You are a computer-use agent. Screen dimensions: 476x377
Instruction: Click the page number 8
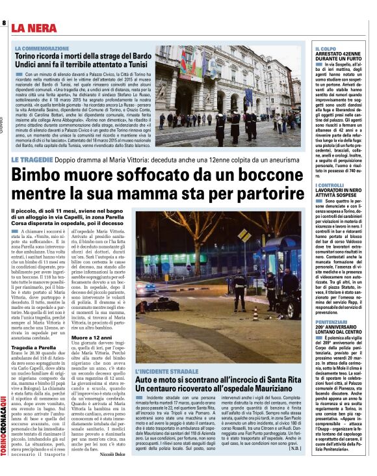4,24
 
